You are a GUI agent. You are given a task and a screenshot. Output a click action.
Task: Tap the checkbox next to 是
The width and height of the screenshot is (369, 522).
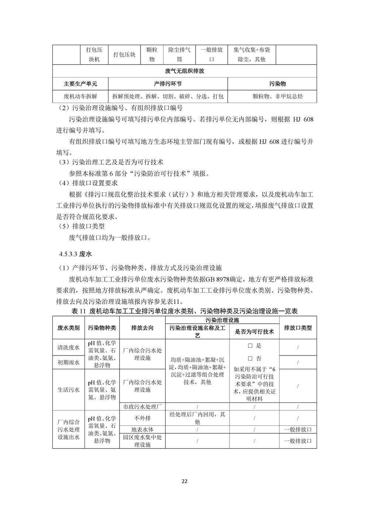(x=250, y=346)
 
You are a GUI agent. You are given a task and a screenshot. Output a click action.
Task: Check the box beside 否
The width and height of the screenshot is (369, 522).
(x=250, y=358)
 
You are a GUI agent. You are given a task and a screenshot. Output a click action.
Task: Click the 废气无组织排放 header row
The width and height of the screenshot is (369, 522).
(x=184, y=71)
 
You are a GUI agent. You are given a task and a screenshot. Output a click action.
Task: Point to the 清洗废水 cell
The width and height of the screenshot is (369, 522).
(x=69, y=347)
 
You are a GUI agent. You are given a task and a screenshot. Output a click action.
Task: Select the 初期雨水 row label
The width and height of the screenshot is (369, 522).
(x=69, y=363)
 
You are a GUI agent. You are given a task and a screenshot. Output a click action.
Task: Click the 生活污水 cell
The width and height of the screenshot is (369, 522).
(x=69, y=389)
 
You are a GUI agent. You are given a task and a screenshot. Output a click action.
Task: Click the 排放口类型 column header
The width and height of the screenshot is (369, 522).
(x=298, y=327)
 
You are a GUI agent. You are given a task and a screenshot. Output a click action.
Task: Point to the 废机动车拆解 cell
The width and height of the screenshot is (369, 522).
(x=80, y=96)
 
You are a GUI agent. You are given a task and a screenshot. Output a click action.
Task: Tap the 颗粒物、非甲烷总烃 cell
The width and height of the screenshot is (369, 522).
(x=272, y=96)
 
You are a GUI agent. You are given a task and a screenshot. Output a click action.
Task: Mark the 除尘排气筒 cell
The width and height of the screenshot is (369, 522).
(x=179, y=55)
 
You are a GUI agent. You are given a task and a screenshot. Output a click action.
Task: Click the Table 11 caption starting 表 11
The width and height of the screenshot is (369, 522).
(x=184, y=311)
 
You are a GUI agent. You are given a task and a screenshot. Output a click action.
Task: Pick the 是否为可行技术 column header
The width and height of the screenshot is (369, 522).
(x=254, y=332)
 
